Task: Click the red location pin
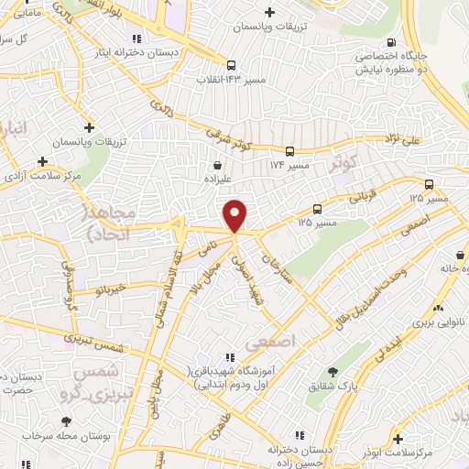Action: (x=235, y=213)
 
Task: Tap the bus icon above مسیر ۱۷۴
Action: (x=289, y=151)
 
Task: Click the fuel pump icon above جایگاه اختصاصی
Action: (x=393, y=42)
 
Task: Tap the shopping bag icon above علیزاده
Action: (x=213, y=166)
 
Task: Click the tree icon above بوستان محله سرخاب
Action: (x=65, y=422)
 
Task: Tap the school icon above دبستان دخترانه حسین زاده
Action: (x=271, y=438)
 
